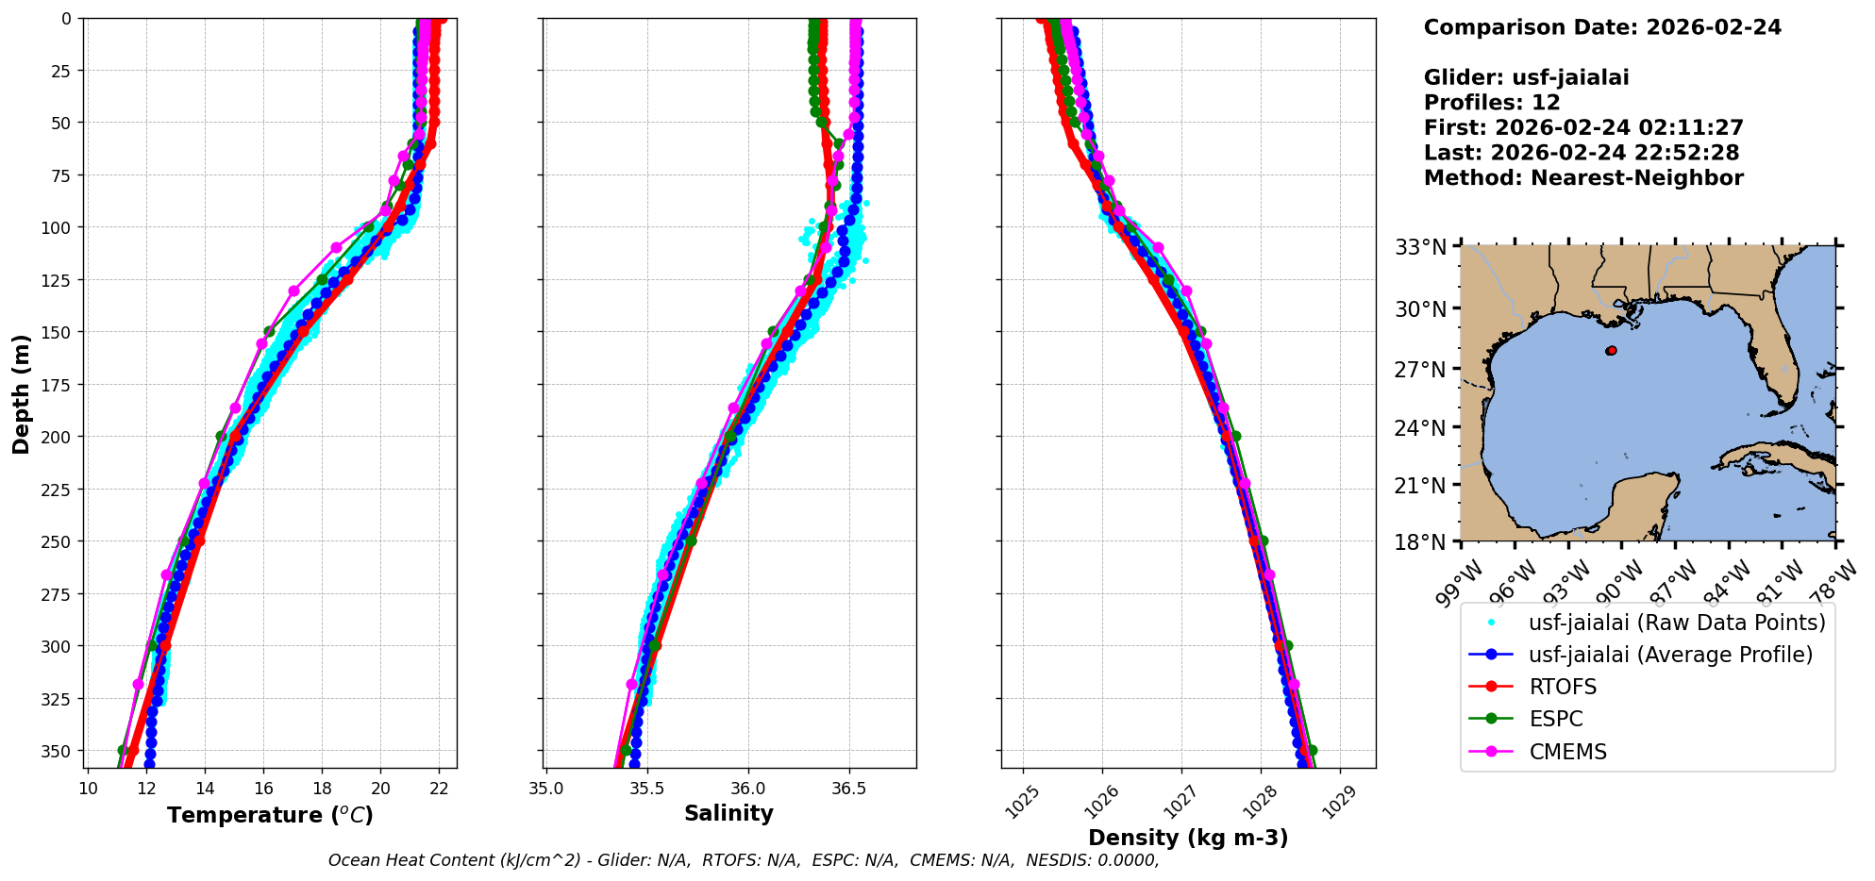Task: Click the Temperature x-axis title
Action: [270, 815]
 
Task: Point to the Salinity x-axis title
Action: [728, 813]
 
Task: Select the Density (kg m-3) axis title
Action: [1188, 838]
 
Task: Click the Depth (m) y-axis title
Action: [21, 393]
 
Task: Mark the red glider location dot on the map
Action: [1611, 351]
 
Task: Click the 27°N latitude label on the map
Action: [1421, 369]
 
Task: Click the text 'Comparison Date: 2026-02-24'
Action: [1602, 27]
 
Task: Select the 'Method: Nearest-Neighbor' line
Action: [1583, 178]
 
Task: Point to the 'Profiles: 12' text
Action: [1492, 103]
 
